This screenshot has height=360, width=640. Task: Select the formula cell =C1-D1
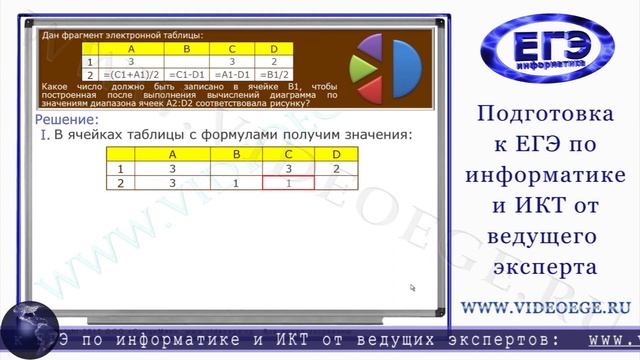189,75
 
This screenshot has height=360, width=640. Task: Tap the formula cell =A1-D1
232,75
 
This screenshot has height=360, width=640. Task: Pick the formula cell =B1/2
273,75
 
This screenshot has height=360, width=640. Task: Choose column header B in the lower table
236,154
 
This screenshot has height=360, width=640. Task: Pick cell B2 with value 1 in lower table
234,184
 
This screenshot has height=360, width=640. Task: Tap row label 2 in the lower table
120,184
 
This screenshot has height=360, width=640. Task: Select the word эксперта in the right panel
546,268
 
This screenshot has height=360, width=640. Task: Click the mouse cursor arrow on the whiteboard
412,288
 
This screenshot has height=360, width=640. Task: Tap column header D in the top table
273,48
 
